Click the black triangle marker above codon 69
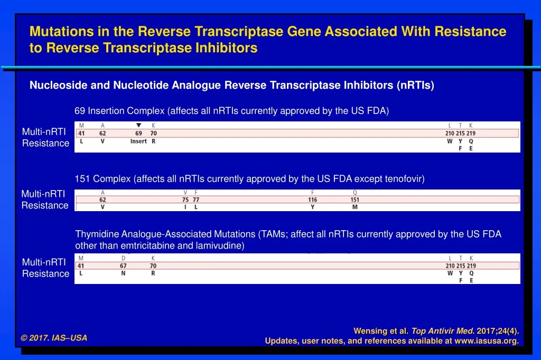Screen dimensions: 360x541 pyautogui.click(x=138, y=126)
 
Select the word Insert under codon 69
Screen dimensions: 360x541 pyautogui.click(x=138, y=141)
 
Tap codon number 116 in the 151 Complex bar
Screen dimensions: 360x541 pyautogui.click(x=313, y=200)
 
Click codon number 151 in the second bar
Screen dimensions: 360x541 pyautogui.click(x=355, y=200)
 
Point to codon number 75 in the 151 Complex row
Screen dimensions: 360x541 pyautogui.click(x=185, y=200)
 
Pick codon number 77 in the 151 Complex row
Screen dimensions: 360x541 pyautogui.click(x=196, y=200)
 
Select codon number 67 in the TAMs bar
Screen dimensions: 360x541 pyautogui.click(x=123, y=266)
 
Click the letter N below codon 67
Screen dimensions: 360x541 pyautogui.click(x=123, y=273)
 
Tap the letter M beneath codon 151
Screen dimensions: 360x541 pyautogui.click(x=355, y=207)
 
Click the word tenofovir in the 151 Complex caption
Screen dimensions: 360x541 pyautogui.click(x=407, y=179)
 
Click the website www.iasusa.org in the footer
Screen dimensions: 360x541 pyautogui.click(x=486, y=341)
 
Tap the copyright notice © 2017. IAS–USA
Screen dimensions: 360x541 pyautogui.click(x=54, y=338)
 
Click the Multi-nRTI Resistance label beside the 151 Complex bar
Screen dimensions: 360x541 pyautogui.click(x=45, y=200)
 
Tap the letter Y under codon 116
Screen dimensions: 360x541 pyautogui.click(x=313, y=207)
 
